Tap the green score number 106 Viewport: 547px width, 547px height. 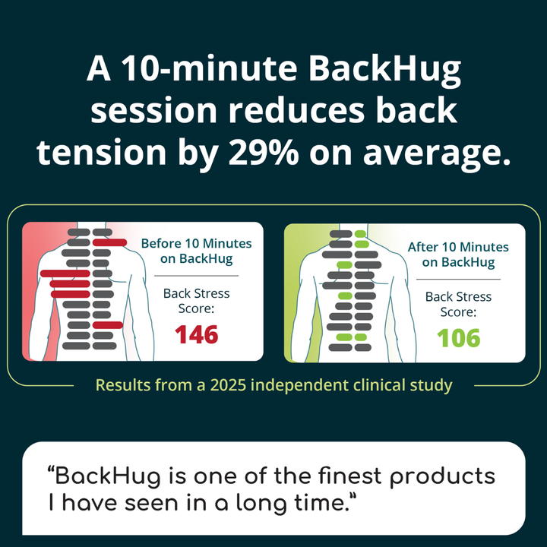(x=458, y=337)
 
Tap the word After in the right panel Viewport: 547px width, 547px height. (x=423, y=248)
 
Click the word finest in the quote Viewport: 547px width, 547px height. (x=327, y=477)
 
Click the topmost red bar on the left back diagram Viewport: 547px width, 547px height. (x=109, y=242)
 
